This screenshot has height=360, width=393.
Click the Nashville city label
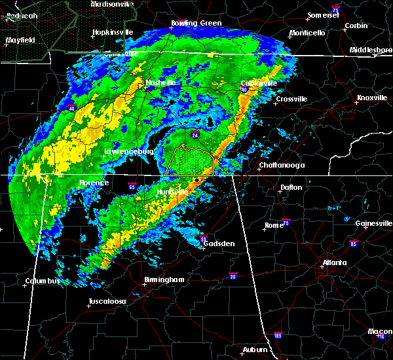(x=161, y=83)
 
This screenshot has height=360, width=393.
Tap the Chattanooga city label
(x=282, y=166)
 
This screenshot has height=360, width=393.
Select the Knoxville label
(x=371, y=98)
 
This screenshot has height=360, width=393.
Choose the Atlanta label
(x=335, y=264)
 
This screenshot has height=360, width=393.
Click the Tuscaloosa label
(x=109, y=302)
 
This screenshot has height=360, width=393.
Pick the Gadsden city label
(x=218, y=243)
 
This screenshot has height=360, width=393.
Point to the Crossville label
(x=291, y=99)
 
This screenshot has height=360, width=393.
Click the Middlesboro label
(x=371, y=50)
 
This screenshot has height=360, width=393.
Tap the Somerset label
(x=324, y=15)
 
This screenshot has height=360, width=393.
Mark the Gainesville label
(x=373, y=224)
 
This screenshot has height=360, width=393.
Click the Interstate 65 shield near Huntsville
(x=132, y=186)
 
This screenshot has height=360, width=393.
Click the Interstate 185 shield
(x=278, y=335)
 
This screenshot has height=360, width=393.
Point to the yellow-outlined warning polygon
(x=190, y=160)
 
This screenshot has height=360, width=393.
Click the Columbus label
(x=43, y=281)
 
